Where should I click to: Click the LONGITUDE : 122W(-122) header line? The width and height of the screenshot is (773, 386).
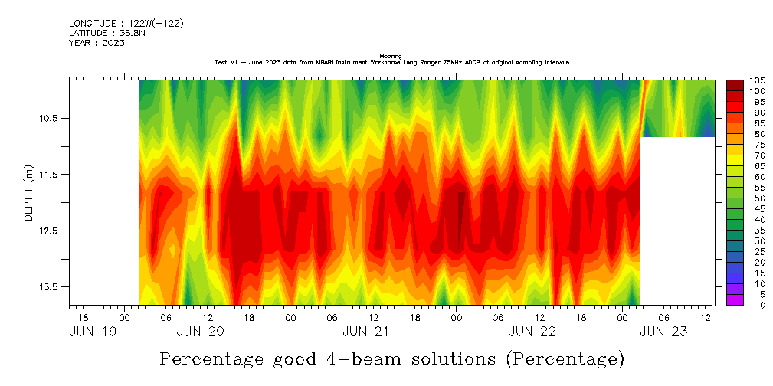click(126, 24)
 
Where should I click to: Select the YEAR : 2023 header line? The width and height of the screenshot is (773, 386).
click(97, 43)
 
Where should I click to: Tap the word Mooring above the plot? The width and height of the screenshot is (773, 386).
click(391, 56)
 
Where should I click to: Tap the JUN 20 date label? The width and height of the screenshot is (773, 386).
click(200, 332)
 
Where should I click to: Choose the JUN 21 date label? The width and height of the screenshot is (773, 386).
click(366, 332)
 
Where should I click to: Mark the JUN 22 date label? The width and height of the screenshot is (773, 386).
click(532, 332)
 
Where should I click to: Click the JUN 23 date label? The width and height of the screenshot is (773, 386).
click(663, 332)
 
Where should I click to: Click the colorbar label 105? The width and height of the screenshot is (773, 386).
click(758, 80)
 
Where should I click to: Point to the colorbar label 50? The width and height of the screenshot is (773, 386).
click(755, 198)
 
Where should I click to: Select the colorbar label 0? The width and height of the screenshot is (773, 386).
click(752, 305)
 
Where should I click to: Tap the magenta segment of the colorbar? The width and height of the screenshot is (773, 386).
click(734, 299)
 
